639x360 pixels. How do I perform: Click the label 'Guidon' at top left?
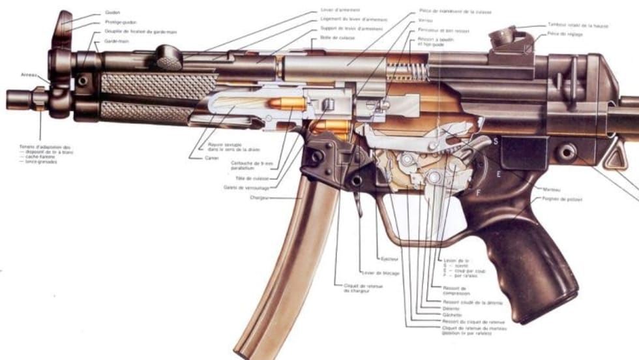tap(111, 12)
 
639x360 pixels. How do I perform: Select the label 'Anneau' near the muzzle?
tap(29, 74)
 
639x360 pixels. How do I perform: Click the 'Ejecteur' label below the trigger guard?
tap(390, 259)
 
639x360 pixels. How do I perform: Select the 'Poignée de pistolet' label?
tap(560, 200)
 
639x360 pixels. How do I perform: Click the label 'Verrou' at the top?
tap(426, 20)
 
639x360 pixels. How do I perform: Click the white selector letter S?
tap(496, 141)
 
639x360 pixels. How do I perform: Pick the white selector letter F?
tap(478, 192)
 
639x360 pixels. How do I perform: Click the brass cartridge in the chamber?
tap(287, 104)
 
